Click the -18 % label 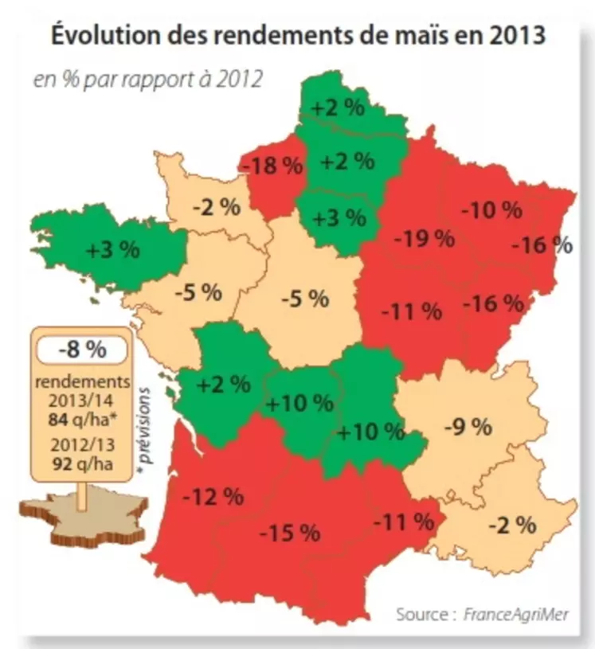pos(272,166)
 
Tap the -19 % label pos(423,237)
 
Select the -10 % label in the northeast pos(491,210)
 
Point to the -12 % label pos(213,497)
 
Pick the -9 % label pos(467,427)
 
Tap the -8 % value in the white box pos(81,348)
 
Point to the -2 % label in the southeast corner pos(511,525)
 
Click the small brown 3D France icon pos(83,522)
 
